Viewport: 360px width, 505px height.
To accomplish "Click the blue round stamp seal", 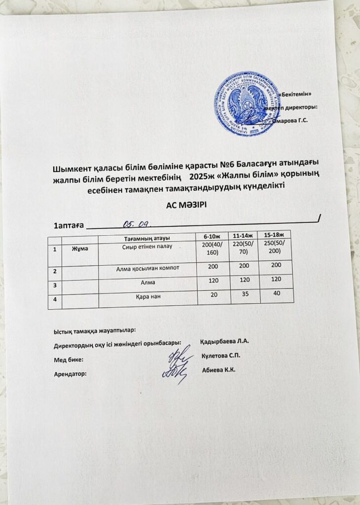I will click(x=245, y=104).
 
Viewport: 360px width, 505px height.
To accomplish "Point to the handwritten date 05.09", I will click(x=136, y=224).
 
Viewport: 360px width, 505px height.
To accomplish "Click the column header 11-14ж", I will click(x=242, y=235).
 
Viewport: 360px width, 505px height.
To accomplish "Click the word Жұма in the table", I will click(x=80, y=248).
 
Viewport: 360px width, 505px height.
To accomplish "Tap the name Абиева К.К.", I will click(x=219, y=370).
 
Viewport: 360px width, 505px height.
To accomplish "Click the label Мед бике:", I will click(x=68, y=360).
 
